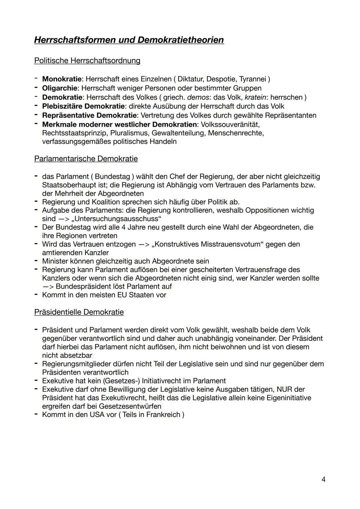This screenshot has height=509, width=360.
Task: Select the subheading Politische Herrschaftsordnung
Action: point(87,61)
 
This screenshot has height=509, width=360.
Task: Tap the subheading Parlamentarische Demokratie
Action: point(86,159)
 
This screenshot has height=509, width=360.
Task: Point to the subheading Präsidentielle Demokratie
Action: point(79,312)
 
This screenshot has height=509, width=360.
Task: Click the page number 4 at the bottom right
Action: point(323,479)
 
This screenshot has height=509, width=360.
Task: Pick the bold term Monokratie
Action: point(62,79)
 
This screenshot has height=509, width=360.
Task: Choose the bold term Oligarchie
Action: point(60,88)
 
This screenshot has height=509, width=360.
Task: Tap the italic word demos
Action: point(198,97)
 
